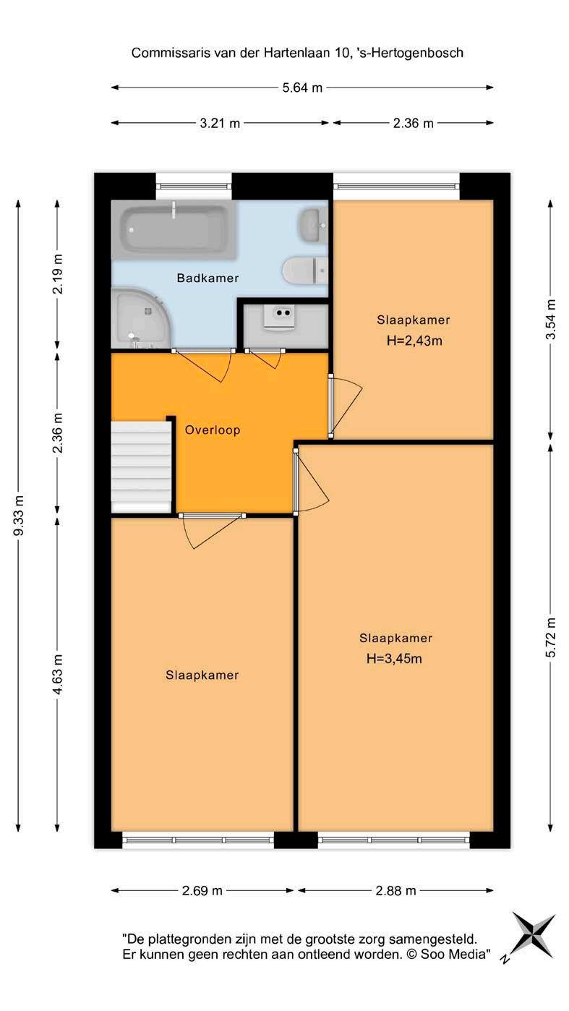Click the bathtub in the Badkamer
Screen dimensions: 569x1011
(x=174, y=230)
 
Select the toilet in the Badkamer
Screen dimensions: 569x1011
(x=305, y=270)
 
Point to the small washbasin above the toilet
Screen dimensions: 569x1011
(x=313, y=225)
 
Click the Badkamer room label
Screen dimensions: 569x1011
(x=208, y=278)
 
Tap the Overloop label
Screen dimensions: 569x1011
(x=213, y=430)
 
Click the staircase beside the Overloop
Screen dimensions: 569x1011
(x=141, y=466)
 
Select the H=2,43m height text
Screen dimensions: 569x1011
(x=414, y=341)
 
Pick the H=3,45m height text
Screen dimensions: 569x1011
(x=394, y=659)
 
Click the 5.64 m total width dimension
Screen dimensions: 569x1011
(x=302, y=88)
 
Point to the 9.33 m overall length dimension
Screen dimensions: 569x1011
(x=19, y=516)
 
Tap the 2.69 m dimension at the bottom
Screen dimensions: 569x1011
(x=202, y=890)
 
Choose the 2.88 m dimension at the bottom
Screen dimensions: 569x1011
(x=395, y=890)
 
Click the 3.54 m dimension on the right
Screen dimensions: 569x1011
(x=550, y=320)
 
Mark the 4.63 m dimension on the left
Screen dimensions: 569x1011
(x=57, y=674)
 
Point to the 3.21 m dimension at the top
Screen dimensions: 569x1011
(x=220, y=123)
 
